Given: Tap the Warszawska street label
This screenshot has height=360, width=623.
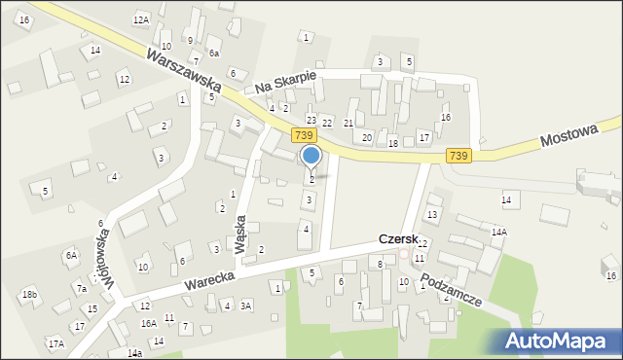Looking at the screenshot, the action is tap(185, 71).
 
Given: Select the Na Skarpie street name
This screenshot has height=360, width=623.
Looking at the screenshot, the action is tap(286, 84).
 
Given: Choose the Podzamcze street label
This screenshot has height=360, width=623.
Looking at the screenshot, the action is tap(452, 289).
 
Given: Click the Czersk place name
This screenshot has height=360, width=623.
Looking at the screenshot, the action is tap(398, 239).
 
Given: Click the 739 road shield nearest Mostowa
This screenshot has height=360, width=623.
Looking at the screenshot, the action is tap(458, 156).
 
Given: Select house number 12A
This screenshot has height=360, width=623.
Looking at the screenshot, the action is tap(141, 19).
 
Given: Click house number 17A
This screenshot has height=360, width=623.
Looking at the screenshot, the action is tap(55, 343).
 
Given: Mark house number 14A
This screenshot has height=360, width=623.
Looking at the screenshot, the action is tap(498, 233).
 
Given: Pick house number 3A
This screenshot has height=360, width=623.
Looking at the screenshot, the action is tap(246, 306).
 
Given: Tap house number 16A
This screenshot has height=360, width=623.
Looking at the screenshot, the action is tap(148, 323).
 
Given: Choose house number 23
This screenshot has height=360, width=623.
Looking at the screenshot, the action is tap(311, 120).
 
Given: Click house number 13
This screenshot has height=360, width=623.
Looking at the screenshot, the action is tap(432, 213).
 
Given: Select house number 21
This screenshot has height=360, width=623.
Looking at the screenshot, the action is tap(348, 124).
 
